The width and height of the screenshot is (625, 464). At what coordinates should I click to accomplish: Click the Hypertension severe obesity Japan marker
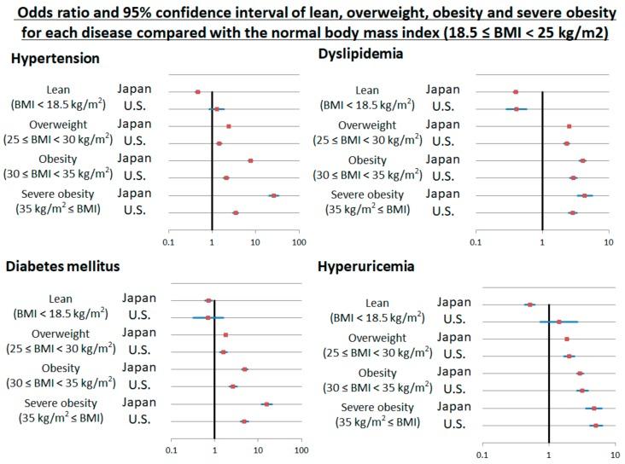point(274,195)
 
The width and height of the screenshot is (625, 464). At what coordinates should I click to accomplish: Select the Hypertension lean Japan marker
point(197,91)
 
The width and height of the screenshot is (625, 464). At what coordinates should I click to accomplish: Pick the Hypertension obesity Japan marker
point(250,160)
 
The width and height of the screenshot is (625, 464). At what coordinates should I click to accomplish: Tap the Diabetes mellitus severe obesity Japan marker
point(266,404)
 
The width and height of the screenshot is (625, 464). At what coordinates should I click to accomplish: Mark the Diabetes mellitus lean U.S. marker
point(207,317)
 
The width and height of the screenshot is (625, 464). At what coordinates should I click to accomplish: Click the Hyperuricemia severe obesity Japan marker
point(594,409)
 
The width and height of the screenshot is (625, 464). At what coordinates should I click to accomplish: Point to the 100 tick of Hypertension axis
point(299,243)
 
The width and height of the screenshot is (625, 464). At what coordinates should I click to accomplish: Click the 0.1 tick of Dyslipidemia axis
point(476,243)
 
